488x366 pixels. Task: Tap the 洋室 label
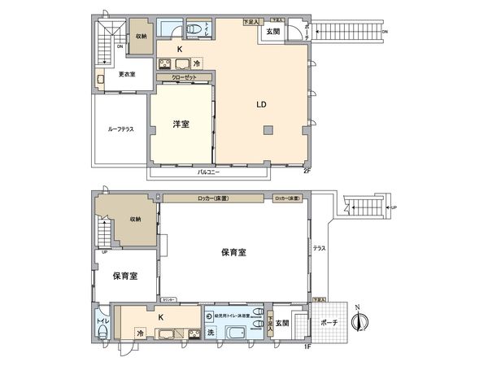181,124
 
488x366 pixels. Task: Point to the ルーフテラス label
120,129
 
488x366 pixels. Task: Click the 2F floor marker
306,171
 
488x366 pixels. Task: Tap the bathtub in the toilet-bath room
237,334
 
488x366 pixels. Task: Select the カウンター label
168,300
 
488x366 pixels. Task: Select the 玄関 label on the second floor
272,32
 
